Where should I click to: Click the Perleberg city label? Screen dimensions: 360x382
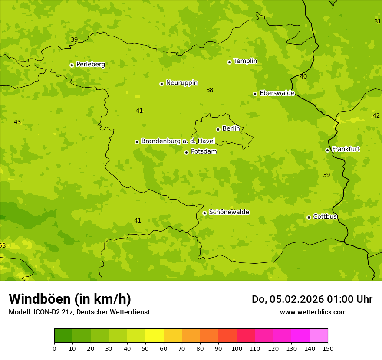tap(90, 65)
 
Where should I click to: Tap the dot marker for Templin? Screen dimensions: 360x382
tap(229, 62)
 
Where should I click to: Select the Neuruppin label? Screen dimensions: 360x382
tap(181, 83)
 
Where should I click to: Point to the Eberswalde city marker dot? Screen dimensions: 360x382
tap(255, 94)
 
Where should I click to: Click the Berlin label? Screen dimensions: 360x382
tap(231, 129)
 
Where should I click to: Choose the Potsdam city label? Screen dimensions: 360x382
tap(204, 152)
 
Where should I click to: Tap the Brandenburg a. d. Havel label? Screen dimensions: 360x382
tap(178, 141)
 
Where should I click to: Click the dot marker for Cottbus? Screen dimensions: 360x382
tap(309, 217)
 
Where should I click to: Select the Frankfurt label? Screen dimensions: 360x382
tap(346, 149)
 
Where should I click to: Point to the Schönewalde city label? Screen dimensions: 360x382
tap(229, 212)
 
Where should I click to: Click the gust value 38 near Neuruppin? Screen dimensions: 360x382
tap(210, 90)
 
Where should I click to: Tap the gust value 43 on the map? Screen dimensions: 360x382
tap(17, 122)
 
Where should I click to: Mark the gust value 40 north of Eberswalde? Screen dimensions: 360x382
tap(303, 77)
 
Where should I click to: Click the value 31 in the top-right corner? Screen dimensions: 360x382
tap(378, 21)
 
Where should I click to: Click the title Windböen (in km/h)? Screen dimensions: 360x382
tap(70, 299)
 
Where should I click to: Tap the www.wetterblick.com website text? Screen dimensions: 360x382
tap(313, 312)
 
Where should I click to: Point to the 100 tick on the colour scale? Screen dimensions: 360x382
tap(237, 349)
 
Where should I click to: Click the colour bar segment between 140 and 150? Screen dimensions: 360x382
tap(319, 336)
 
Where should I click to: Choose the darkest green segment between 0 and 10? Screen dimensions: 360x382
tap(63, 336)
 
